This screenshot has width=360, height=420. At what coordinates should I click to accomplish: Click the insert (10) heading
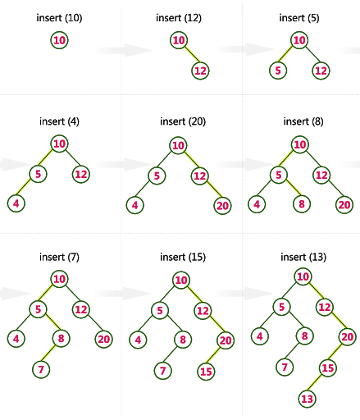59,18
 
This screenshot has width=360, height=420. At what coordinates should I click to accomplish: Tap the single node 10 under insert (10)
59,40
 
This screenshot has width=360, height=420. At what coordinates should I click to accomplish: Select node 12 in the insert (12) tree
200,71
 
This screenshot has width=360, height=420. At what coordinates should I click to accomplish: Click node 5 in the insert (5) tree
278,71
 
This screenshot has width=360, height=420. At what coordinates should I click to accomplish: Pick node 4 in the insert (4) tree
16,203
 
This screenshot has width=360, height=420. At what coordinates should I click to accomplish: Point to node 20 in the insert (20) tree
222,205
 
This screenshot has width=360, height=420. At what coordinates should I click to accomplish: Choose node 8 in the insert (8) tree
302,203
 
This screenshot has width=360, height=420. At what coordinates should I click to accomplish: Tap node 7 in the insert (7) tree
41,369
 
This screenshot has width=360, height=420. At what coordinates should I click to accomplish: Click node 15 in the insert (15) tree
206,372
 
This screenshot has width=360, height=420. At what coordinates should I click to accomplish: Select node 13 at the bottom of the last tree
308,399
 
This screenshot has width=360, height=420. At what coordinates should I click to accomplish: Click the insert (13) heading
303,257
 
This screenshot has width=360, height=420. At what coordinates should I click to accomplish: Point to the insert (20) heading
183,121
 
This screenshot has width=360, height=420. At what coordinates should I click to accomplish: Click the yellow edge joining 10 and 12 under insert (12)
193,54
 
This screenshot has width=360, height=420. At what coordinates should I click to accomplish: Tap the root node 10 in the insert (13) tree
303,276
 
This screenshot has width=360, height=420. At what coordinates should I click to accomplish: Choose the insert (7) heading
59,257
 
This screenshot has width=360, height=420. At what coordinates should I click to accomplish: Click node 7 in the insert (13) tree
285,367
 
